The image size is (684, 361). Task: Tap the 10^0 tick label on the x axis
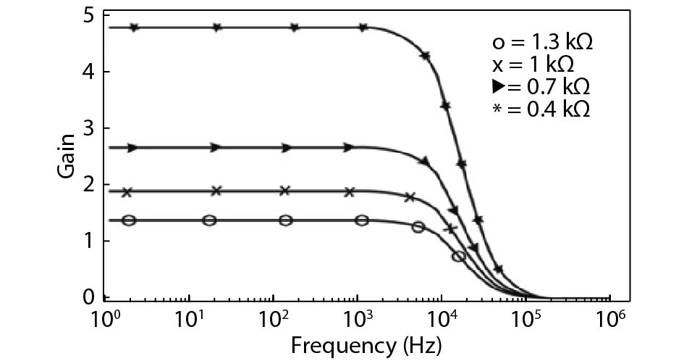click(x=103, y=317)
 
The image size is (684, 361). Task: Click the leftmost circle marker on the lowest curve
click(x=129, y=220)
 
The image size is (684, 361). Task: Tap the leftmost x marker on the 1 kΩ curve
click(x=127, y=192)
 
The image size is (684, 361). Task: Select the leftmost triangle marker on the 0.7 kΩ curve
click(x=132, y=148)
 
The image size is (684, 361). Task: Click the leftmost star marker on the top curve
click(x=134, y=28)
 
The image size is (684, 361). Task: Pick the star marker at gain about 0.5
click(x=498, y=270)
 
